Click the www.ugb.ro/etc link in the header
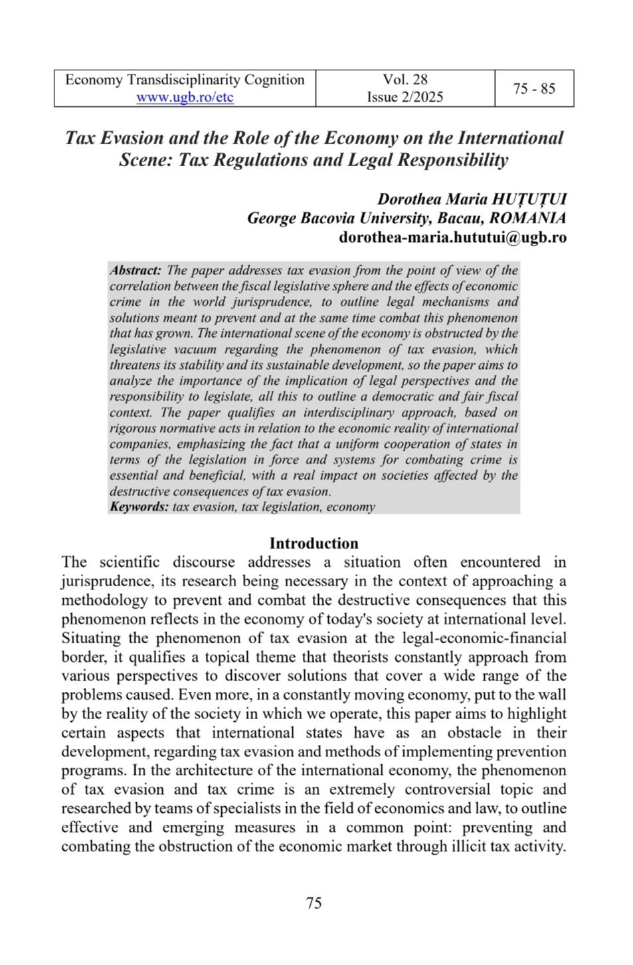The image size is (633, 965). coord(185,97)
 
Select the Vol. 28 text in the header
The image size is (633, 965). coord(405,80)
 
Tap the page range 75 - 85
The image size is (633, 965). coord(534,88)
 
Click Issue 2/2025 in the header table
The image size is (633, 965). coord(405,97)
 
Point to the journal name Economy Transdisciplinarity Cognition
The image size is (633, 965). coord(185,80)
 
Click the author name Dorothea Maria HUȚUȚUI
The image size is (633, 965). coord(472,199)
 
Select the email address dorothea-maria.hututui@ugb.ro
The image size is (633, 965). coord(452,237)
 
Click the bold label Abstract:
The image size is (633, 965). coord(136,270)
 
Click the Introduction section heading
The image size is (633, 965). coord(314,543)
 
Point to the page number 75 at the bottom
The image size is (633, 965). coord(314,903)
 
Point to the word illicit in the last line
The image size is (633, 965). coord(462,847)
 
